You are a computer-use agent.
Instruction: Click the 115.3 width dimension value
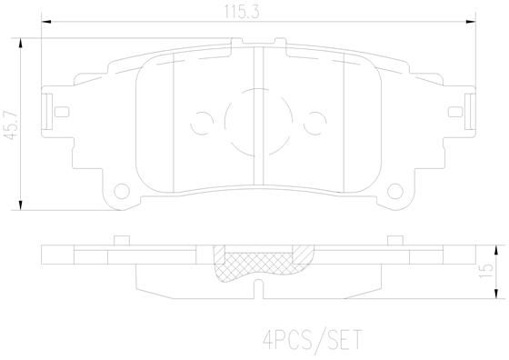[242, 12]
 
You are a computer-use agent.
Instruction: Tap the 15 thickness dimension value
[486, 270]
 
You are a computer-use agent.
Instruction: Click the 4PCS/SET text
[312, 340]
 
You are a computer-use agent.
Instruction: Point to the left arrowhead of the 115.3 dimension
[46, 22]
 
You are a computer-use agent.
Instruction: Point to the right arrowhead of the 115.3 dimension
[471, 22]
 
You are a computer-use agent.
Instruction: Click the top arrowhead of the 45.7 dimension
[20, 43]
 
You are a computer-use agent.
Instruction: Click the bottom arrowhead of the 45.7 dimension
[20, 205]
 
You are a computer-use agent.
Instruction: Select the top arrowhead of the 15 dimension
[495, 250]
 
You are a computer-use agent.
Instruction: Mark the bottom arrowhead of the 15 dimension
[495, 294]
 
